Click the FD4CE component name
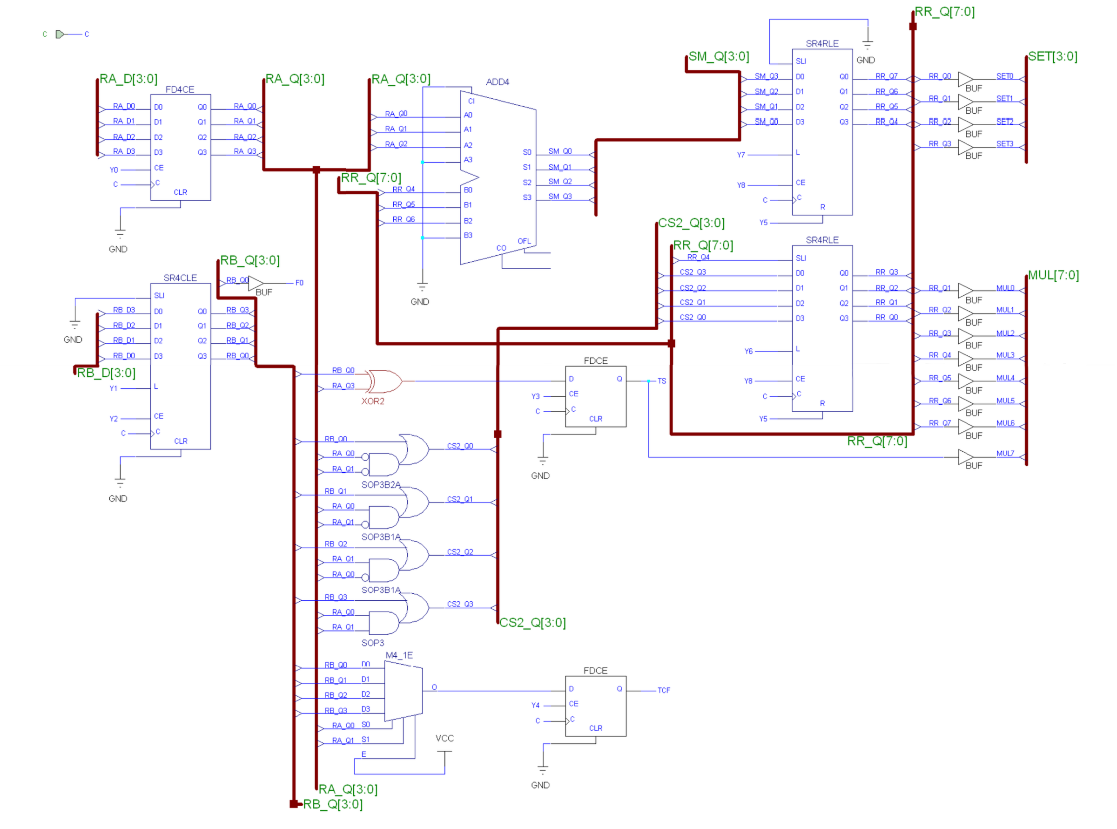[180, 89]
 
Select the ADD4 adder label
[497, 82]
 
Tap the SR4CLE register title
[180, 278]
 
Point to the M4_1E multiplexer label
[398, 655]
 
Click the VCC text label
[444, 738]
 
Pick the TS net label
[661, 381]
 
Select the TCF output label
[663, 690]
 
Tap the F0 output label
[299, 283]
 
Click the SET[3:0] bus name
[1052, 56]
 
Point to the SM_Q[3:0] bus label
[719, 56]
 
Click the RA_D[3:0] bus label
[128, 79]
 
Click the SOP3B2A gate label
[381, 484]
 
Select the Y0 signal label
[114, 170]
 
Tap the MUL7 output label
[1005, 453]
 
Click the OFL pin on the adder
[524, 241]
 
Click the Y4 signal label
[535, 705]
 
